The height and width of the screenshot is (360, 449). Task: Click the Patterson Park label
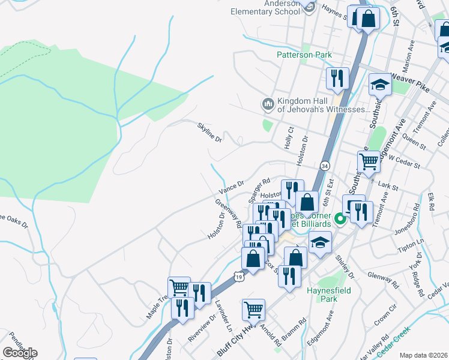pos(304,55)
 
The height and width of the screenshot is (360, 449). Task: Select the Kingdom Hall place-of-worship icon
pos(267,104)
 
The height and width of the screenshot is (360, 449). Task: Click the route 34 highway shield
pos(325,165)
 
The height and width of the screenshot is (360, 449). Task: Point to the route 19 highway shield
pos(239,277)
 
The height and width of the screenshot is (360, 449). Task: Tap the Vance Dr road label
pos(231,188)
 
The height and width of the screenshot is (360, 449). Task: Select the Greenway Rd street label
pos(228,213)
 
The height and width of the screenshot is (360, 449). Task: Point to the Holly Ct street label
pos(291,138)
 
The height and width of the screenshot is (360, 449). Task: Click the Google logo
pos(20,352)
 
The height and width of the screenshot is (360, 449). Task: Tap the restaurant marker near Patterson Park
pos(337,78)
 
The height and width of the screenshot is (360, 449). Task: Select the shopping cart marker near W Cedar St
pos(368,160)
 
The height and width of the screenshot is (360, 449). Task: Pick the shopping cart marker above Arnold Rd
pos(254,310)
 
